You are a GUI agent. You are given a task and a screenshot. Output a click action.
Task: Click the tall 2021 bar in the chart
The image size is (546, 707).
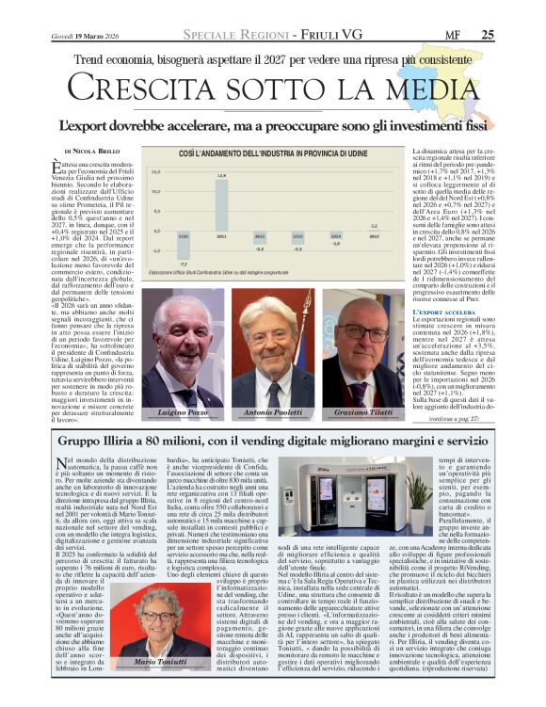pyautogui.click(x=222, y=204)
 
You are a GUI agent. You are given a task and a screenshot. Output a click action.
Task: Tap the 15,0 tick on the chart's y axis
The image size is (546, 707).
pyautogui.click(x=156, y=172)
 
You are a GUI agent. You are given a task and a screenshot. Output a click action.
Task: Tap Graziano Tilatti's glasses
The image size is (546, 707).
pyautogui.click(x=364, y=334)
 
